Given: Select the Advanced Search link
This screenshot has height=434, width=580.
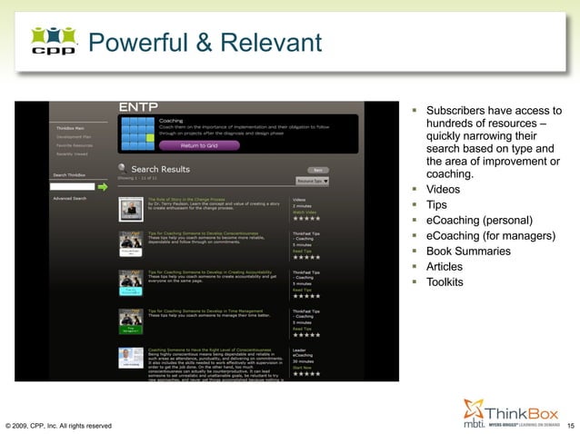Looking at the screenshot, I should [x=70, y=198].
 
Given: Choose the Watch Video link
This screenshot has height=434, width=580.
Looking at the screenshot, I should [x=304, y=212].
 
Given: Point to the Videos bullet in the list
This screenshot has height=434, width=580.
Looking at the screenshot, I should [x=444, y=190].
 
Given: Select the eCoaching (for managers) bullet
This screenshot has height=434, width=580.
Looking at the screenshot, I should [x=490, y=236].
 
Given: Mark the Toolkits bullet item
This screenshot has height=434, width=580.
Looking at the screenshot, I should [x=445, y=282].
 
